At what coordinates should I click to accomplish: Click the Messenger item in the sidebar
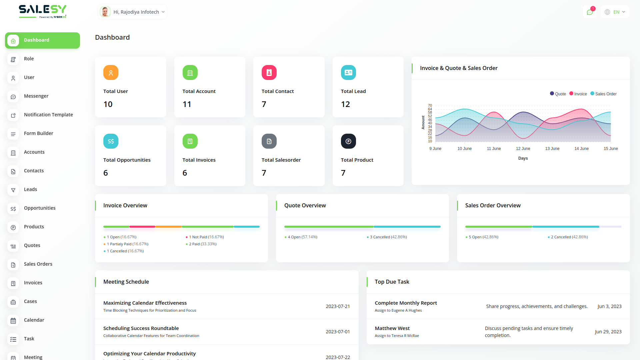(36, 96)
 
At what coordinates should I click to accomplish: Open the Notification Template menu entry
(48, 115)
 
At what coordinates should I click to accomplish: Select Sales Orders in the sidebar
(38, 264)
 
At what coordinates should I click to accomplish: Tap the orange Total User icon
(111, 73)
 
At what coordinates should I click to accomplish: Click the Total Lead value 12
(345, 104)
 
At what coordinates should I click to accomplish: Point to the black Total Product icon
(348, 141)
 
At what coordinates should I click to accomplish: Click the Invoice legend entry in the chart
(578, 94)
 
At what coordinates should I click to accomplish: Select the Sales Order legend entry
(604, 94)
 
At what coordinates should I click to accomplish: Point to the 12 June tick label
(523, 149)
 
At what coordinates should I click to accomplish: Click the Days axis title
(523, 158)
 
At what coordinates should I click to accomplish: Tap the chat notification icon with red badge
(590, 12)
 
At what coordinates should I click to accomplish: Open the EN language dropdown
(615, 12)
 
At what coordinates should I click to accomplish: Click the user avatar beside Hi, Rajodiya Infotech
(105, 12)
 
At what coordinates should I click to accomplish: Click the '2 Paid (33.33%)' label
(203, 244)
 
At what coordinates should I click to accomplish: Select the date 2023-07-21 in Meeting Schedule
(338, 306)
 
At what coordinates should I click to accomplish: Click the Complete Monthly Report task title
(406, 303)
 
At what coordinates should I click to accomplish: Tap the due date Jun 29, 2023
(608, 332)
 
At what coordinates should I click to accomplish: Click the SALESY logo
(42, 11)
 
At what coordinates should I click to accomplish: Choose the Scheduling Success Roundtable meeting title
(141, 328)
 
